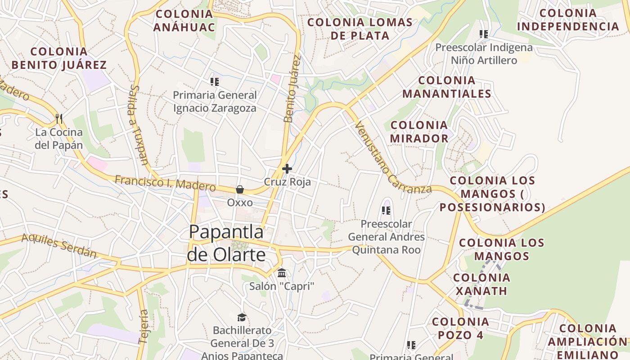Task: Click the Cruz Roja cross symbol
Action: tap(287, 169)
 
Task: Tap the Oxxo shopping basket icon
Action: tap(240, 189)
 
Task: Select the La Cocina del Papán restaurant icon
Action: tap(59, 119)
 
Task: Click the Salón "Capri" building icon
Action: tap(282, 273)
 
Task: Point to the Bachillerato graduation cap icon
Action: tap(242, 317)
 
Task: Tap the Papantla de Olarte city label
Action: tap(226, 243)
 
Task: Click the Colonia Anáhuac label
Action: tap(184, 20)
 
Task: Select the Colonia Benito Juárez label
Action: tap(59, 58)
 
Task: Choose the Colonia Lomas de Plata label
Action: tap(360, 29)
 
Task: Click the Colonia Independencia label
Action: tap(568, 19)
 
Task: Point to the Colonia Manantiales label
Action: tap(446, 87)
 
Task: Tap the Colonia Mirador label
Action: tap(419, 131)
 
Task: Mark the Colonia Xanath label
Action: tap(481, 284)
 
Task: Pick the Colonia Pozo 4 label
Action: tap(460, 328)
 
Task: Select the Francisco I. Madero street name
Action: tap(165, 183)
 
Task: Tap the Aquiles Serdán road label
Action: tap(59, 246)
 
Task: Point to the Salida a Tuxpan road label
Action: tap(138, 125)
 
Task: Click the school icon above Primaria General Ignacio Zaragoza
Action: tap(214, 82)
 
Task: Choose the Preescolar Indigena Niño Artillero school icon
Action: tap(484, 34)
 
